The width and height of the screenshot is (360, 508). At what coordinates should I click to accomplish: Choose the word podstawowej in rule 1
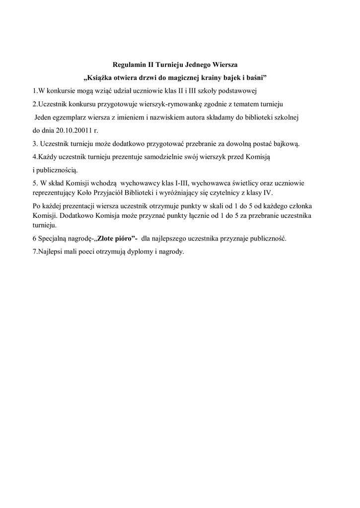tap(235, 91)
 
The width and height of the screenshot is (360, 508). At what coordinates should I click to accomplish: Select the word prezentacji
tap(79, 206)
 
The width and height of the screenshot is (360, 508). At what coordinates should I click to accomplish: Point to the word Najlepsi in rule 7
tap(50, 252)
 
